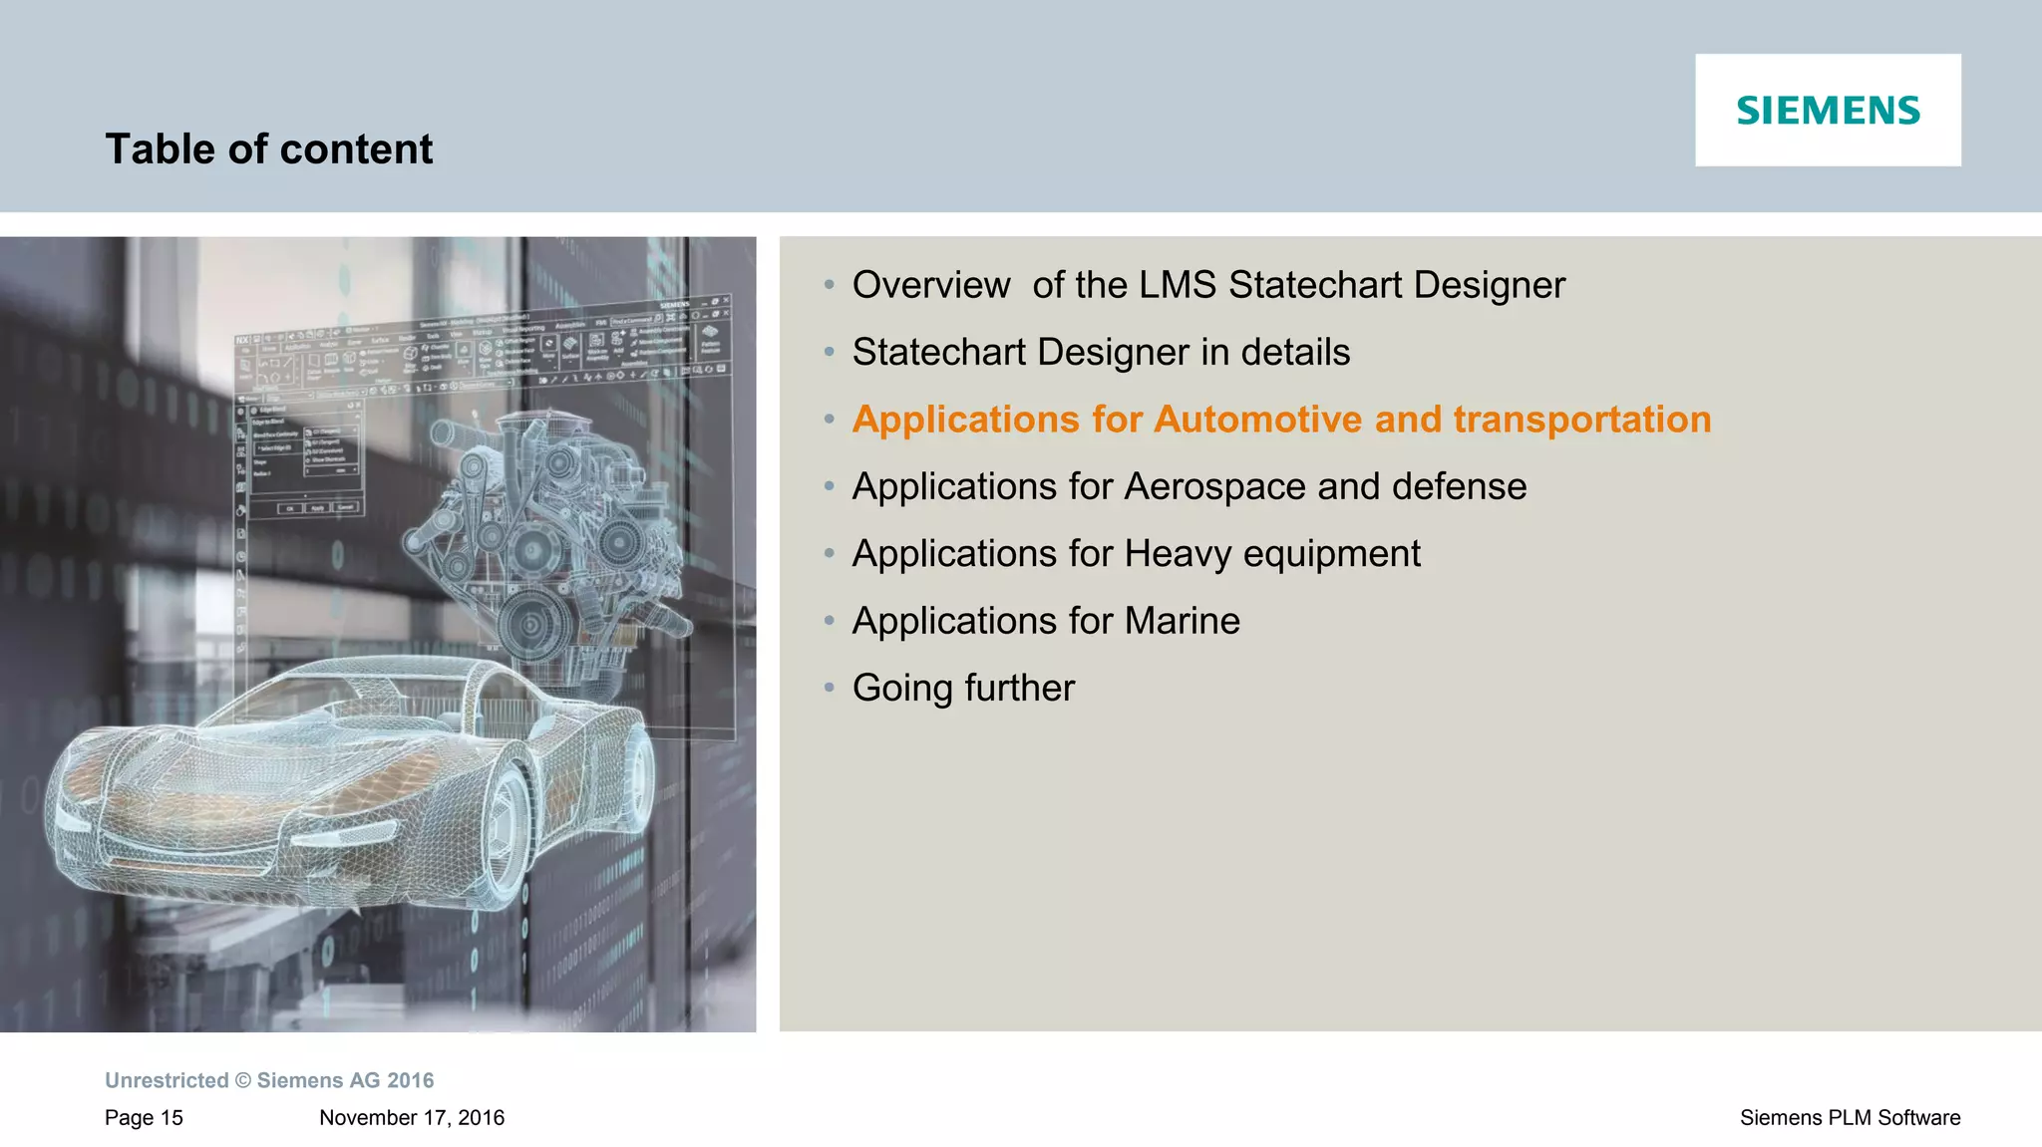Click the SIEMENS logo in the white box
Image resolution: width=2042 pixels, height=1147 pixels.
pyautogui.click(x=1828, y=111)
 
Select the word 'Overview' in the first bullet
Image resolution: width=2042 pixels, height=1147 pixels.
pyautogui.click(x=930, y=285)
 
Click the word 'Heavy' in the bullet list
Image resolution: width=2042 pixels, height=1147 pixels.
pyautogui.click(x=1178, y=554)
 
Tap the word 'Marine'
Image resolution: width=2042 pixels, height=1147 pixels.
pyautogui.click(x=1182, y=621)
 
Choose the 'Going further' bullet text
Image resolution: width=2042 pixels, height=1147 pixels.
pyautogui.click(x=963, y=689)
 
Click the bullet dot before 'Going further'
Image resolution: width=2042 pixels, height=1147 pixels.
pyautogui.click(x=829, y=688)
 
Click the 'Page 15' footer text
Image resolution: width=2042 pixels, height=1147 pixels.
pyautogui.click(x=144, y=1118)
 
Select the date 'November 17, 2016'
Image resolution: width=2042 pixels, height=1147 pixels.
pyautogui.click(x=411, y=1118)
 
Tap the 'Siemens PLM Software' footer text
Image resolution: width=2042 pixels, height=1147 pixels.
pyautogui.click(x=1850, y=1118)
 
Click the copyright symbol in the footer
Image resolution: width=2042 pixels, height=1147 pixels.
pyautogui.click(x=243, y=1081)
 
